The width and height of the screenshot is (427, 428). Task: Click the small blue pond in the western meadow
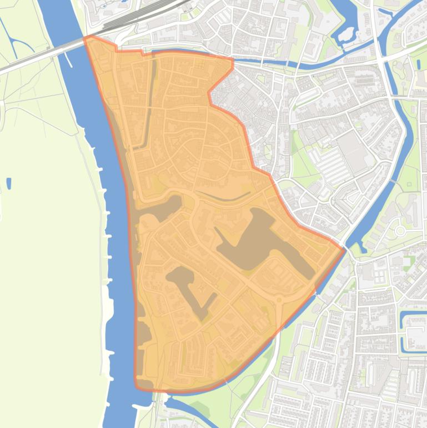coord(9,183)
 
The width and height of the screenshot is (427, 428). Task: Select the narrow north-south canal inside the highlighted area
coord(150,100)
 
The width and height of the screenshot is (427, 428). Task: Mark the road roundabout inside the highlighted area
coord(279,301)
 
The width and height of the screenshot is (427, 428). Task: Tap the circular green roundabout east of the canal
coord(400,230)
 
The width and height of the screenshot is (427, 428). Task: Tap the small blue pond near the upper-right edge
coord(418,63)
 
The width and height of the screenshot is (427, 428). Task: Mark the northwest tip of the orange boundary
coord(85,38)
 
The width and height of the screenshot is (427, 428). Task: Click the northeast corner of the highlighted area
coord(232,60)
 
